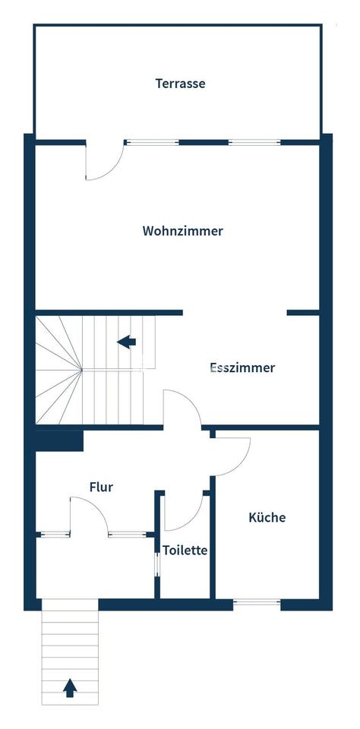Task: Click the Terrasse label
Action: coord(180,84)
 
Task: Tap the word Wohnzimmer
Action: coord(182,231)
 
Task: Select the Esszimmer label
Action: coord(242,368)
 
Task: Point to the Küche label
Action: coord(267,517)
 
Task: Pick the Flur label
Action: coord(101,487)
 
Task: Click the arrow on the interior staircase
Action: coord(127,342)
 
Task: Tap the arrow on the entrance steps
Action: coord(70,688)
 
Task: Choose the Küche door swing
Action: coord(232,455)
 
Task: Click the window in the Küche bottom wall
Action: coord(257,603)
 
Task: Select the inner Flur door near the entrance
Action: coord(90,516)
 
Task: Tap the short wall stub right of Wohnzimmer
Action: coord(302,312)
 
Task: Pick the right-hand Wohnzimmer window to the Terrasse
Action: coord(254,141)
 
